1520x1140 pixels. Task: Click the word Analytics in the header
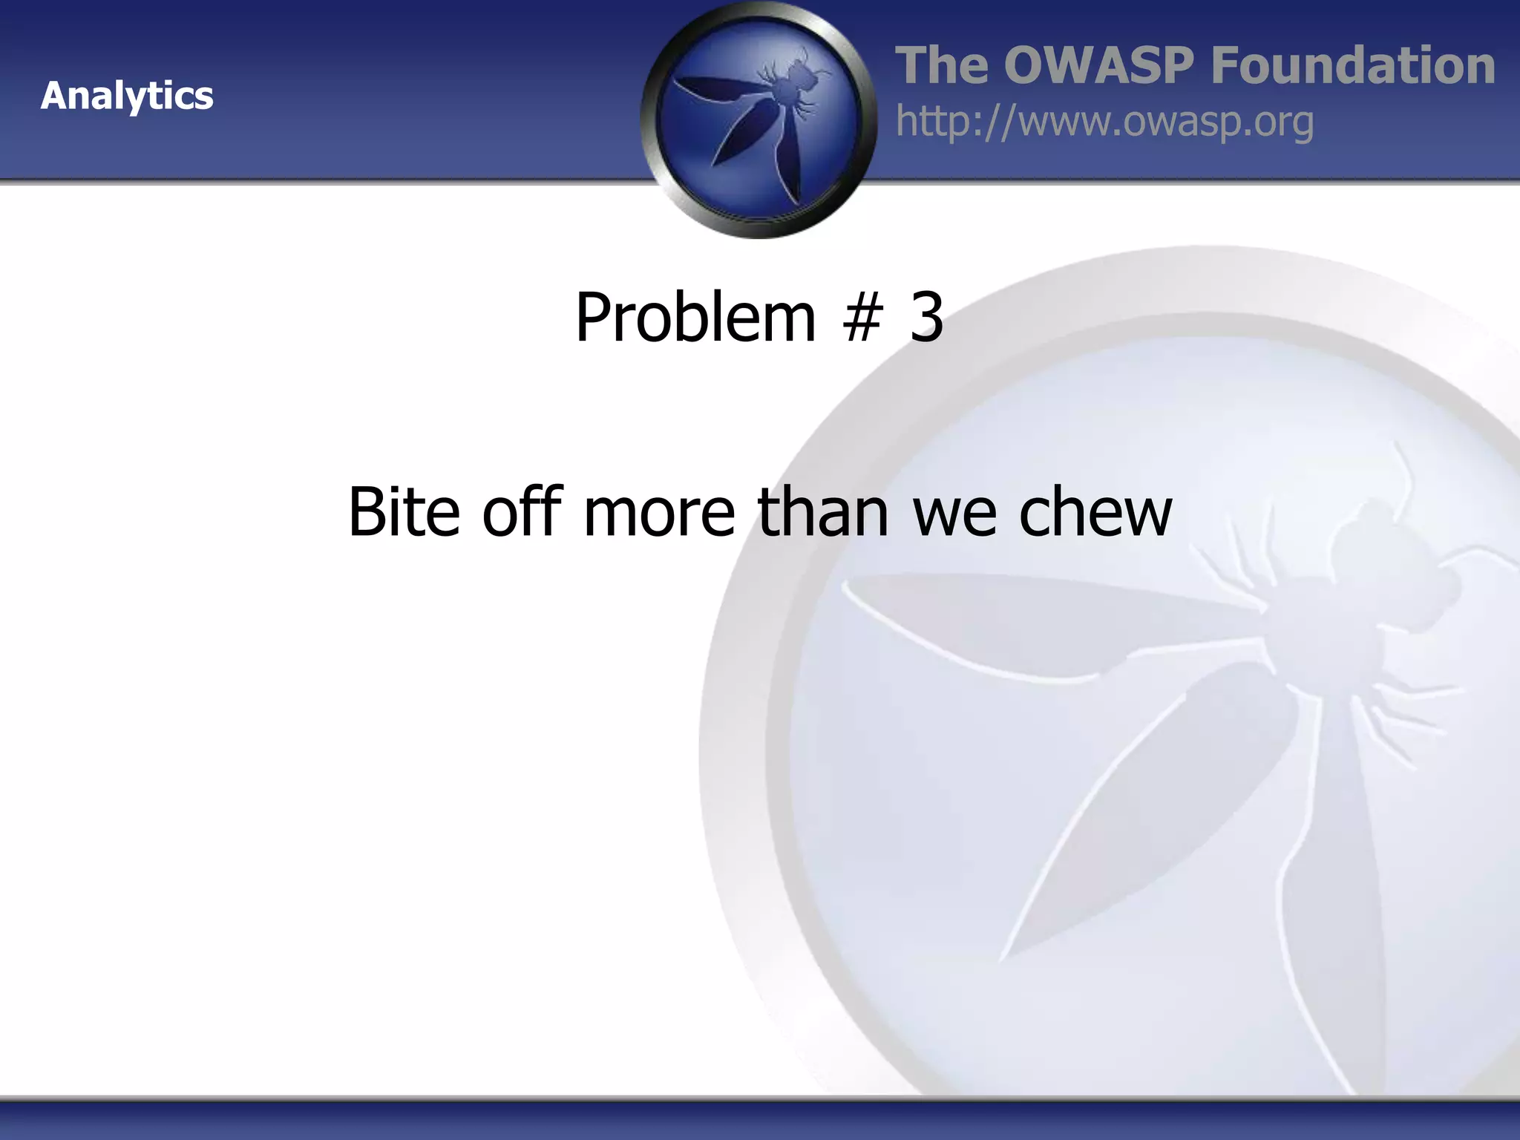tap(127, 96)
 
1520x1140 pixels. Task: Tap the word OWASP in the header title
tap(1099, 65)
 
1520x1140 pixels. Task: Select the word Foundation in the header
tap(1352, 65)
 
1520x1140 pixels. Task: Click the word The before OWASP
tap(942, 65)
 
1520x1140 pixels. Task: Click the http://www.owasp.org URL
tap(1104, 122)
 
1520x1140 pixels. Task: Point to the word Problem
tap(695, 318)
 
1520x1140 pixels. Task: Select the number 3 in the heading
tap(927, 318)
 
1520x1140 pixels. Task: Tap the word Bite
tap(404, 511)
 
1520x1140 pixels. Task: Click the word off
tap(522, 511)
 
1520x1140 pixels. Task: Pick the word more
tap(659, 511)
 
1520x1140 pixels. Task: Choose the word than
tap(822, 511)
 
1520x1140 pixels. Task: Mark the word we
tap(954, 511)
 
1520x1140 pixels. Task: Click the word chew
tap(1095, 511)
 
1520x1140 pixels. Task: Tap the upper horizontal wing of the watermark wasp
tap(1039, 616)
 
